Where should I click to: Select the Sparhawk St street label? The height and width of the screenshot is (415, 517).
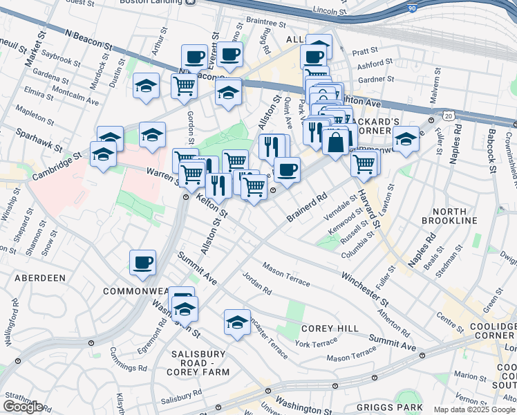tap(39, 139)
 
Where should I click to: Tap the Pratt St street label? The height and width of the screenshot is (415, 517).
tap(365, 51)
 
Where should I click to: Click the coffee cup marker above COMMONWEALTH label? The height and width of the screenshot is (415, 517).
tap(142, 262)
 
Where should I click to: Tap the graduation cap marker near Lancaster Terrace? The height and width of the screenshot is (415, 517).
tap(237, 322)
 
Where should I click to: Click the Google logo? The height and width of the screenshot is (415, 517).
tap(22, 407)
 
